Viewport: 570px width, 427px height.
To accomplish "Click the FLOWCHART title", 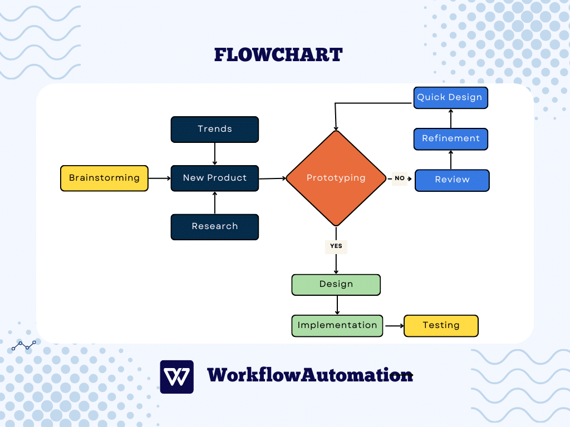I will pos(278,54).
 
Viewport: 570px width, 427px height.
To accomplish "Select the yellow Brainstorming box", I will pos(104,178).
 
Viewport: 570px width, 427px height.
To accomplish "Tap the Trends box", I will pos(214,129).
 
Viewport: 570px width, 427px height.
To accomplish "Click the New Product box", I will pos(214,178).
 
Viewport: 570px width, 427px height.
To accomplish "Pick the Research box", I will pos(214,226).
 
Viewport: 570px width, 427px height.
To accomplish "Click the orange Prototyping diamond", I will pos(336,178).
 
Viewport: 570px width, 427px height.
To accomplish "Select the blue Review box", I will pos(452,180).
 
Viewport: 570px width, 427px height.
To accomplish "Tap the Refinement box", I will pos(450,138).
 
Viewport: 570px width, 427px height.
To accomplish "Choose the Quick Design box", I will pos(449,97).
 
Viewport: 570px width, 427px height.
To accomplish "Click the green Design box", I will pos(336,284).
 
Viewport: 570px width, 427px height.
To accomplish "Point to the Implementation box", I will pos(337,325).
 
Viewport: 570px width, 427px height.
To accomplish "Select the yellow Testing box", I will pos(440,325).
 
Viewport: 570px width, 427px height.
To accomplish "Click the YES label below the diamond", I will pos(336,246).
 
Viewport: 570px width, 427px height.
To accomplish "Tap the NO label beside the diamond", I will pos(400,178).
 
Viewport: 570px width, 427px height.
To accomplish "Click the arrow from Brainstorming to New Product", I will pos(159,178).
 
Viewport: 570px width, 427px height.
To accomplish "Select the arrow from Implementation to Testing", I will pos(393,325).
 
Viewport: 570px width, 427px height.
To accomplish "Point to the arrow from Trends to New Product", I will pos(214,153).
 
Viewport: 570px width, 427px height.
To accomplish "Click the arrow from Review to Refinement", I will pos(450,160).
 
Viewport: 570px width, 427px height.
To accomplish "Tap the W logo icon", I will pos(176,376).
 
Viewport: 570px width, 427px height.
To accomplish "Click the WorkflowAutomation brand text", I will pos(309,375).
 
